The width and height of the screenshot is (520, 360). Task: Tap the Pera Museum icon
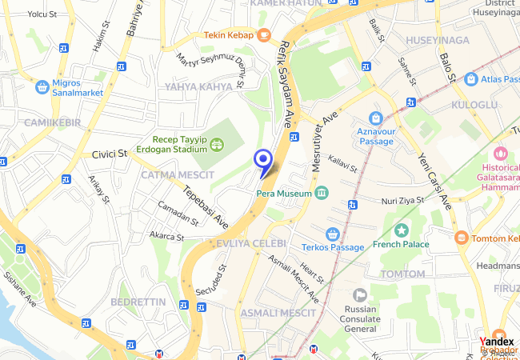[322, 193]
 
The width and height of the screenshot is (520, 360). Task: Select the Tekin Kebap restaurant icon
[263, 35]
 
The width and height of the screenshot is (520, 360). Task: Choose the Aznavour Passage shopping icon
[375, 118]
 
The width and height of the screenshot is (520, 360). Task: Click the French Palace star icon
[401, 230]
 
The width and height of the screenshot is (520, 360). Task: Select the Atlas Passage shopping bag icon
[470, 79]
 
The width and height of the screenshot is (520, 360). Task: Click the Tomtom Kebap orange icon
[461, 238]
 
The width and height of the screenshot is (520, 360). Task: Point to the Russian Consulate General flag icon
[360, 295]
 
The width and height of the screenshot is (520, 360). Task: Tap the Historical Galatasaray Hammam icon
[501, 153]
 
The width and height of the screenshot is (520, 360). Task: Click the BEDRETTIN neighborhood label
[138, 302]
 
